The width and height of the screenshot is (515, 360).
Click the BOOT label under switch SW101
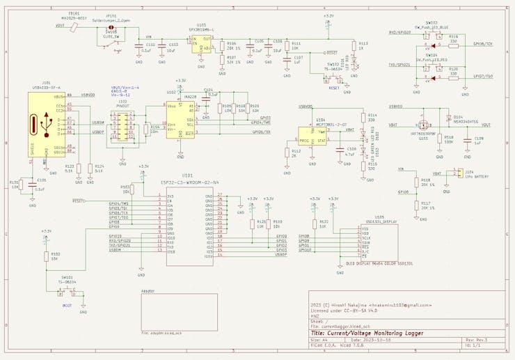pyautogui.click(x=67, y=305)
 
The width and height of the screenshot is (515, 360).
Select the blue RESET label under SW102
pyautogui.click(x=333, y=88)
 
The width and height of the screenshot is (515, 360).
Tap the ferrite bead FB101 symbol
pyautogui.click(x=74, y=26)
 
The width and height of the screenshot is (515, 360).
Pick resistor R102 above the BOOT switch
pyautogui.click(x=47, y=256)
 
